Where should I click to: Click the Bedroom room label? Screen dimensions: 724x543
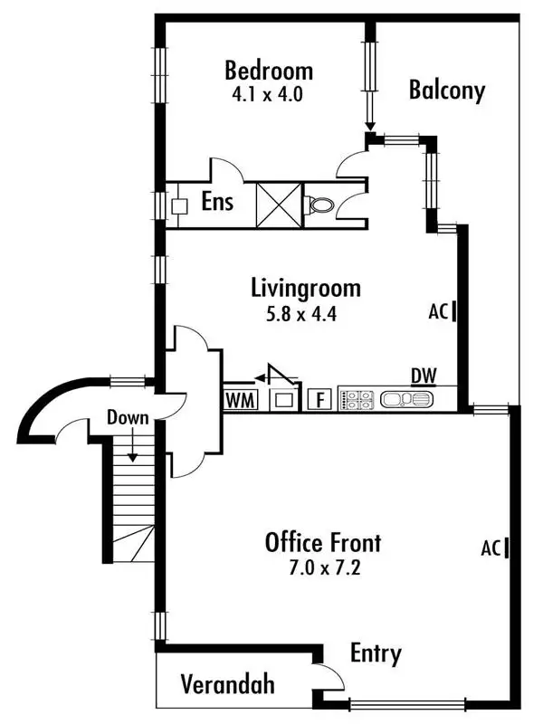click(x=269, y=70)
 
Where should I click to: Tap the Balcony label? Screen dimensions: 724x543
click(x=446, y=90)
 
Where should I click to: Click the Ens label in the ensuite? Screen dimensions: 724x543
click(x=217, y=201)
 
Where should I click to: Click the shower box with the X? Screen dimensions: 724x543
click(x=278, y=205)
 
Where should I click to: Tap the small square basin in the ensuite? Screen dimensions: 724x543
click(x=179, y=205)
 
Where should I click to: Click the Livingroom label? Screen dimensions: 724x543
click(x=305, y=289)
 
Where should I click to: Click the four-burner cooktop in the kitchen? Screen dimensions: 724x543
click(x=357, y=399)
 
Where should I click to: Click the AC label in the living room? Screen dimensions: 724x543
click(x=439, y=312)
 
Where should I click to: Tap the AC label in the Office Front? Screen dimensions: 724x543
click(x=491, y=548)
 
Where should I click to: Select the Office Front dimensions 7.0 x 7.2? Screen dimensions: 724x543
click(x=322, y=570)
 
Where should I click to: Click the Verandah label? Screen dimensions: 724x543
click(x=226, y=684)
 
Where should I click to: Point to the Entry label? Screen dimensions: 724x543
click(x=376, y=653)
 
